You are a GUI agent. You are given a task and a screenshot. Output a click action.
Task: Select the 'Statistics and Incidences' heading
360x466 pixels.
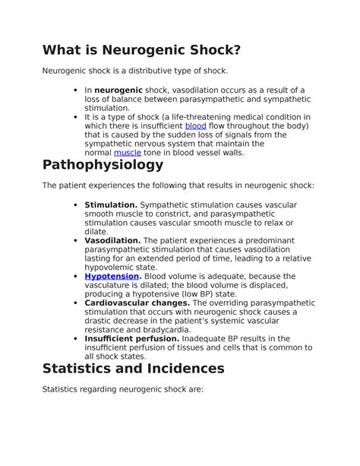(x=134, y=368)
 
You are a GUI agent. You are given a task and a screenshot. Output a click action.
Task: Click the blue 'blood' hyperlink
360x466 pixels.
(x=196, y=125)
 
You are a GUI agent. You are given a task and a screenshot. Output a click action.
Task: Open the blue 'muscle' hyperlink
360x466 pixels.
(x=127, y=152)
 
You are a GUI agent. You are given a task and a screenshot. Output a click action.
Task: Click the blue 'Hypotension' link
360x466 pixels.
(x=112, y=276)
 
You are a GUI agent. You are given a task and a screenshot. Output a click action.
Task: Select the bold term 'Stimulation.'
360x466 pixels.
(x=111, y=205)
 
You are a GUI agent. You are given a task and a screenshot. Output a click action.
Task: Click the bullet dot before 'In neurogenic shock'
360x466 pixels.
(x=76, y=90)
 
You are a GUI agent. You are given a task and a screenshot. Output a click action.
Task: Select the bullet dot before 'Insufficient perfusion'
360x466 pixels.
(x=76, y=339)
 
